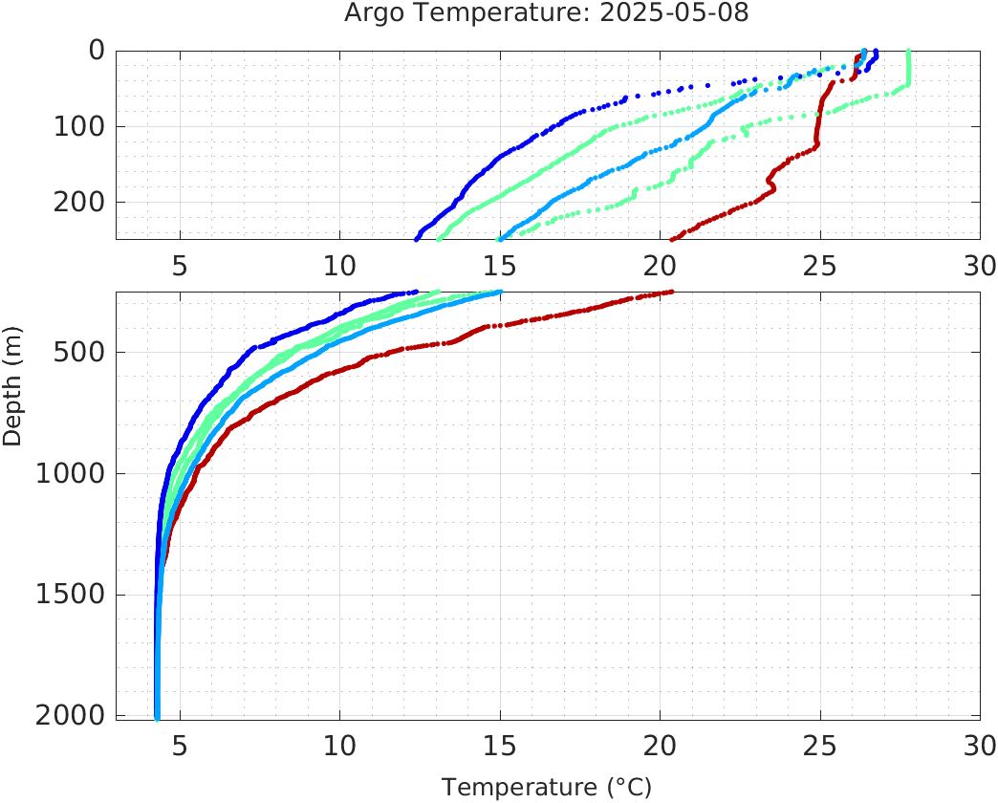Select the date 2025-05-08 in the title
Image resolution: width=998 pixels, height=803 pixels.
692,13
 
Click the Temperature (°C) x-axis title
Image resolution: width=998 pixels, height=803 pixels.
546,788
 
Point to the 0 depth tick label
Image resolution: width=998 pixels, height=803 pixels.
98,51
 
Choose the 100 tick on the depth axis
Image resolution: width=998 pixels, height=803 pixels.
82,126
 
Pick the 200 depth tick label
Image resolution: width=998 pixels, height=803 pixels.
82,202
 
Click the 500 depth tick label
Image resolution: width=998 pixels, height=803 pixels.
82,352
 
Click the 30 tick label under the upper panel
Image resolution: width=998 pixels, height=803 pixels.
979,266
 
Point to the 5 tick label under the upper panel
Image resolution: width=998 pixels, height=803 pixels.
180,266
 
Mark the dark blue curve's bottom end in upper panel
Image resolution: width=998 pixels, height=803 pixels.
416,239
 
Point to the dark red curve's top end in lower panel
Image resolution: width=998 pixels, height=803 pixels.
672,292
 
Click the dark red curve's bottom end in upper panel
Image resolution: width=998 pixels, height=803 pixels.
672,239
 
